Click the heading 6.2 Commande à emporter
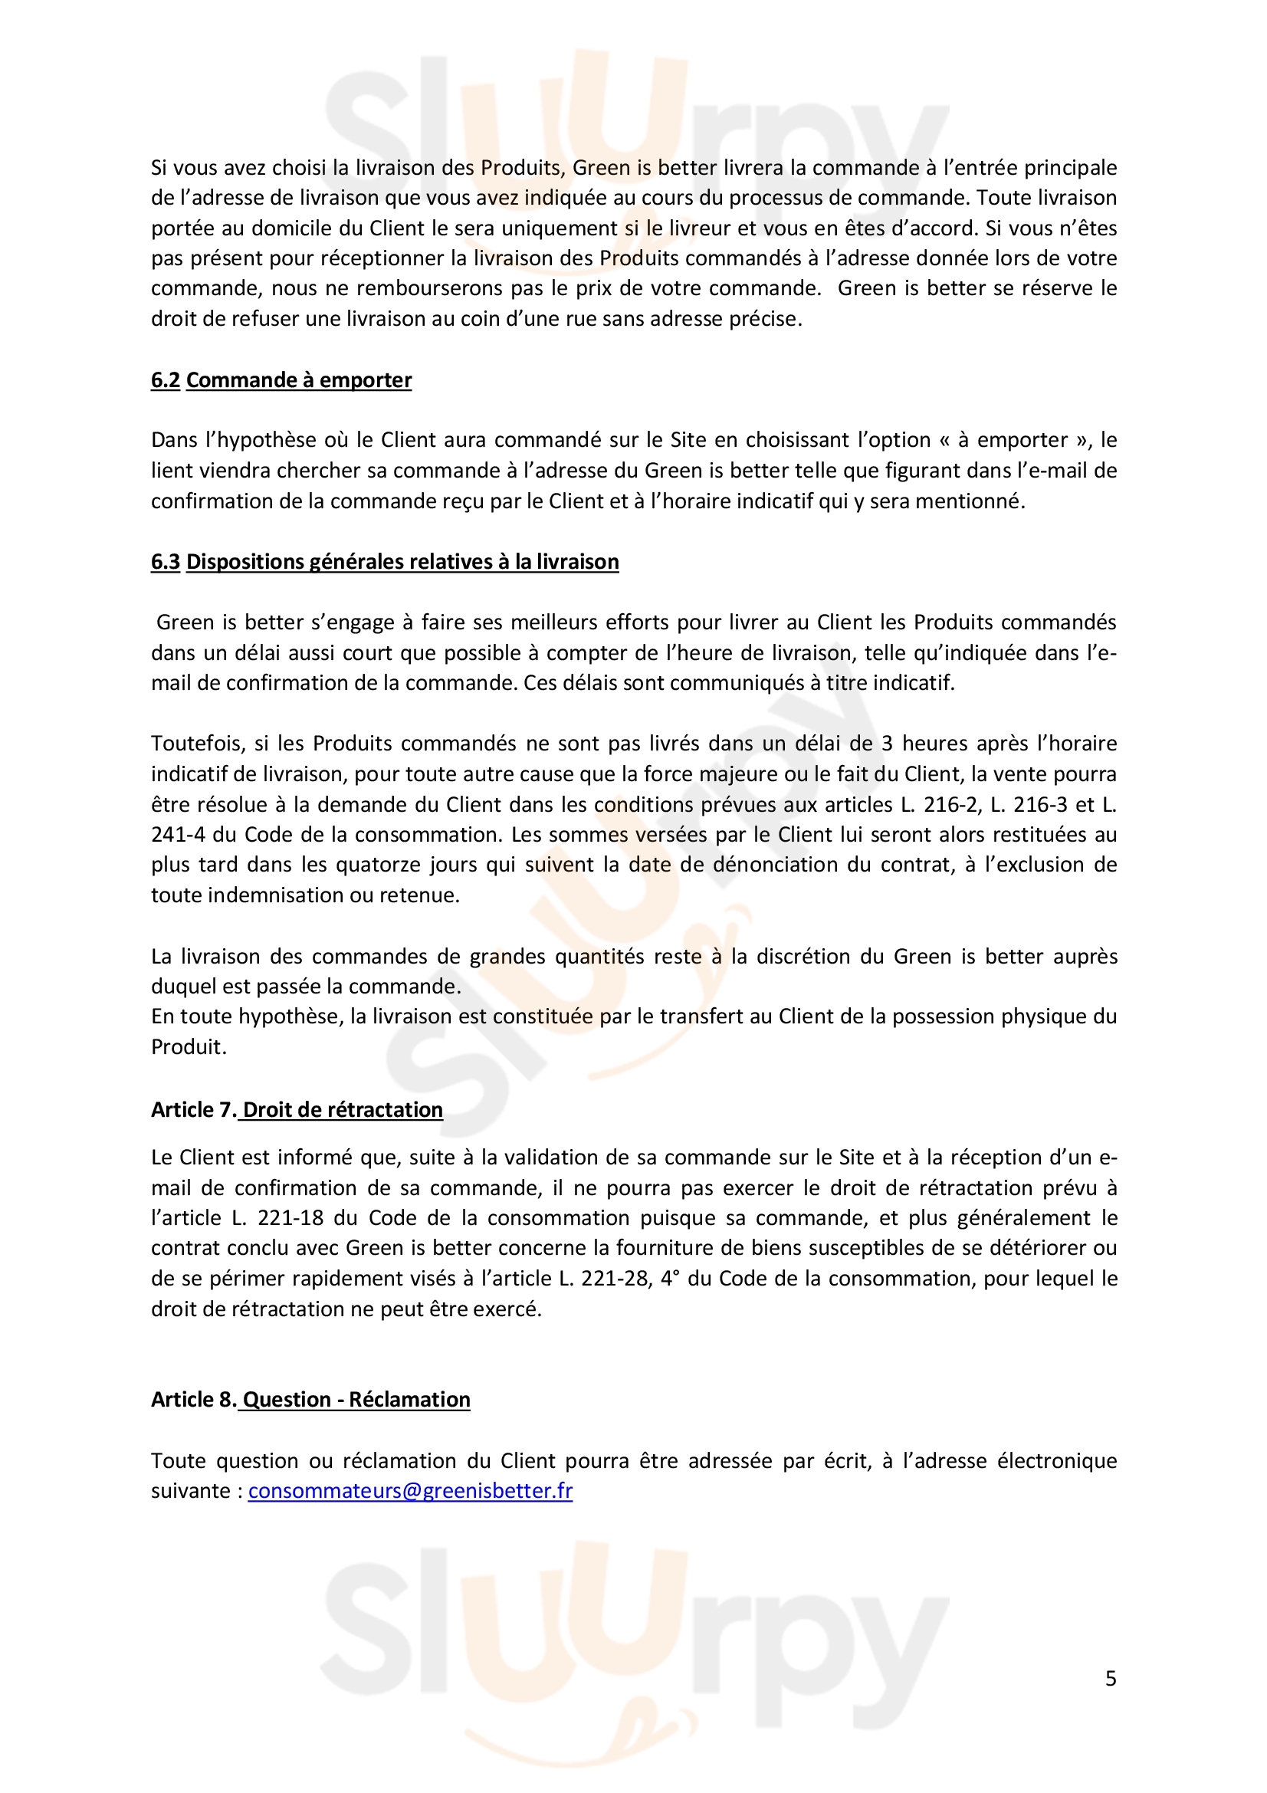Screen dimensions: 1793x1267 tap(281, 380)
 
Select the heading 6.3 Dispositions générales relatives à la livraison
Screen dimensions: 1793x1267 tap(385, 562)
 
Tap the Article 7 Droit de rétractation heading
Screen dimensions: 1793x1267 tap(297, 1110)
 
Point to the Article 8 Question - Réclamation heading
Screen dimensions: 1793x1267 tap(310, 1400)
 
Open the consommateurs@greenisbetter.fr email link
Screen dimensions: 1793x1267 tap(410, 1491)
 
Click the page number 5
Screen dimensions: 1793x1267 tap(1110, 1678)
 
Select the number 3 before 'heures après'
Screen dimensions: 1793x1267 tap(887, 744)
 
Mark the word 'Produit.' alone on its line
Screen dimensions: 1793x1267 tap(189, 1047)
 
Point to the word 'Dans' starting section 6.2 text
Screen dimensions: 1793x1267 tap(175, 441)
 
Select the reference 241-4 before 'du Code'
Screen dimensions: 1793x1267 tap(179, 835)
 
